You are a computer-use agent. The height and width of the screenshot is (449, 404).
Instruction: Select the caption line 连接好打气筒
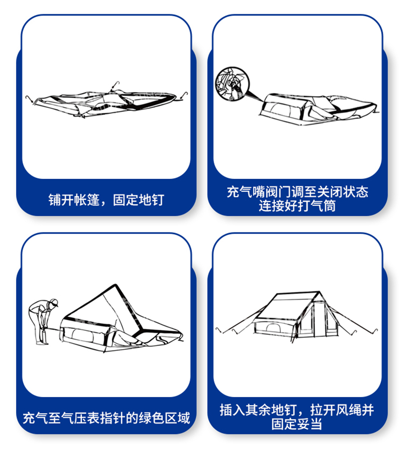(297, 206)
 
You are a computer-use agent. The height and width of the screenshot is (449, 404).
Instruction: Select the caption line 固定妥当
(297, 423)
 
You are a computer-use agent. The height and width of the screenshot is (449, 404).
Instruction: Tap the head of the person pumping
(54, 304)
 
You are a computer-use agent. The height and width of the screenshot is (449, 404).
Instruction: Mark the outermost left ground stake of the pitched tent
(218, 330)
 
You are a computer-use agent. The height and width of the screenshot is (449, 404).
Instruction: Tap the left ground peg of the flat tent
(29, 97)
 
